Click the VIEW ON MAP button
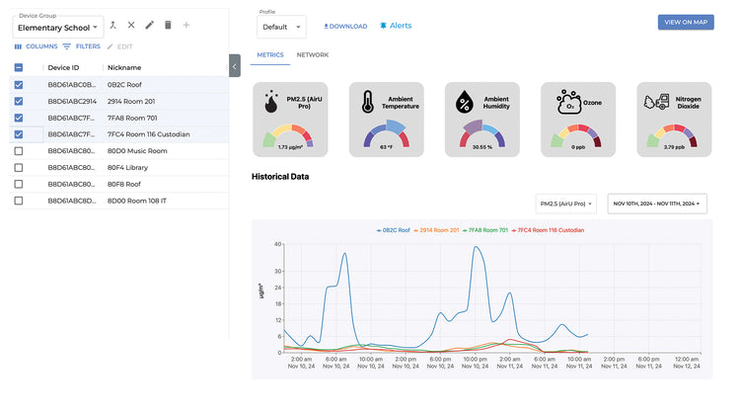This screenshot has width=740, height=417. click(686, 22)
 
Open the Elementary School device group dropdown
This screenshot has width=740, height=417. click(58, 28)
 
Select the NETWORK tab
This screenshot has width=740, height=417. click(312, 55)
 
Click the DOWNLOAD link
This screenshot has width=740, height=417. click(345, 27)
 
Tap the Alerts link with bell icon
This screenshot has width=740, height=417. click(396, 26)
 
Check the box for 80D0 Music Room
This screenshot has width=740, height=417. click(19, 151)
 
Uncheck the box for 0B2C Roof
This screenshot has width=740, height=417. click(19, 85)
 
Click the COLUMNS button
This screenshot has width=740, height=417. click(36, 46)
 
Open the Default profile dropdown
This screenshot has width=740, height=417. click(281, 27)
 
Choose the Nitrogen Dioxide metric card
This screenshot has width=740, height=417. click(675, 120)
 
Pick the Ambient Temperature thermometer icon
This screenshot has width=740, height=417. click(367, 102)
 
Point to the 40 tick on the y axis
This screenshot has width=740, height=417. click(278, 243)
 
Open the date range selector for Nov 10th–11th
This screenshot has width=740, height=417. click(657, 204)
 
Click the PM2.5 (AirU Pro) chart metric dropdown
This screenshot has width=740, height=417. click(565, 204)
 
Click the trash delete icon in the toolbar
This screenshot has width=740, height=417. click(168, 25)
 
